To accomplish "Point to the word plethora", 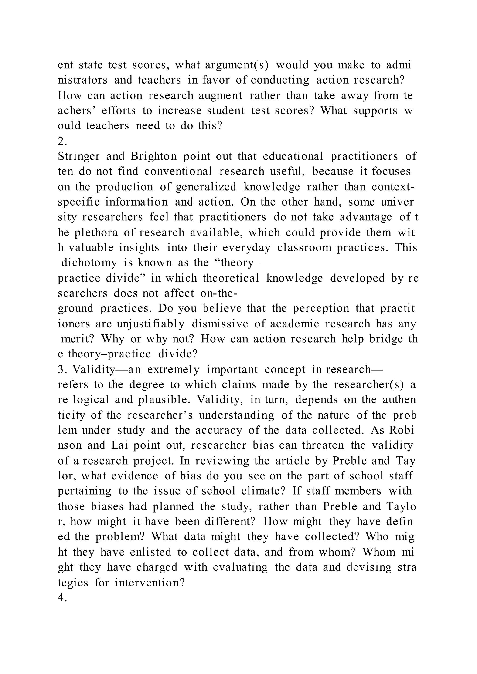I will [96, 233].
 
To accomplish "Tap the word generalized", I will [206, 187].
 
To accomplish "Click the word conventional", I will [178, 172].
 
